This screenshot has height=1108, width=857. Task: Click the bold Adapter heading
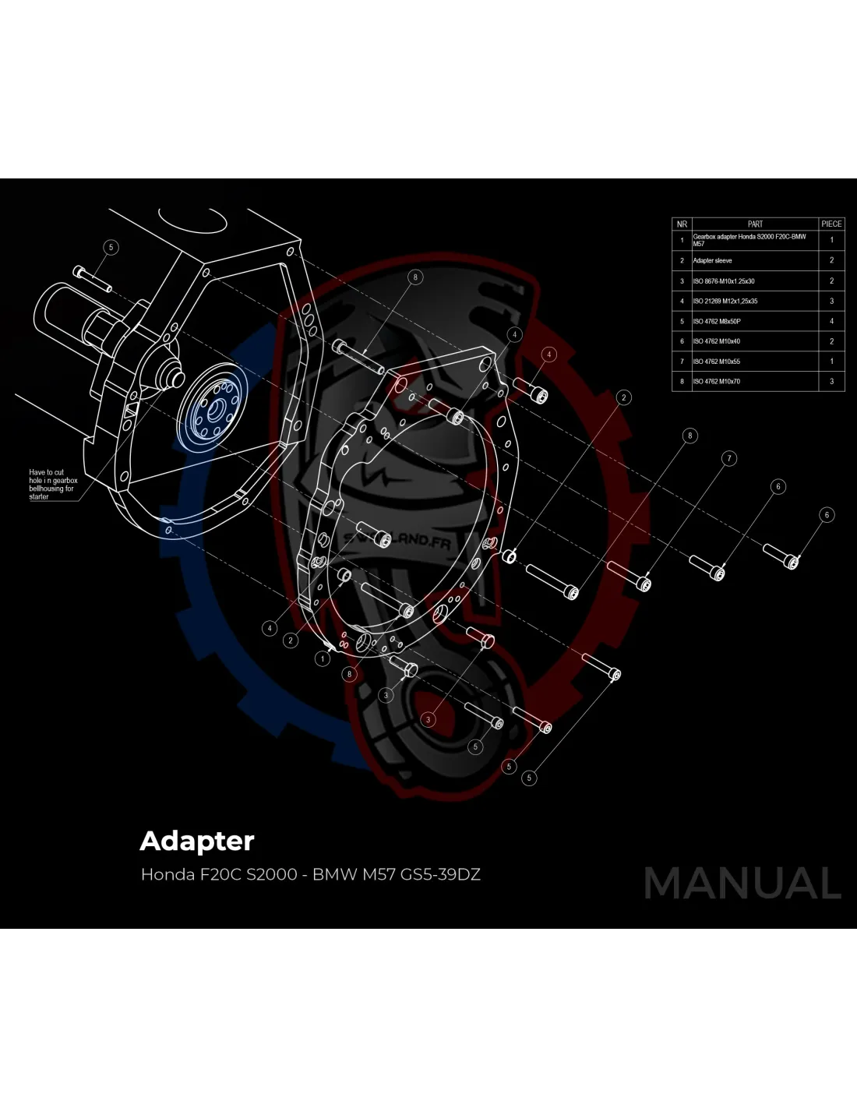[x=197, y=842]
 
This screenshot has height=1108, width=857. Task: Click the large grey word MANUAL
[x=742, y=884]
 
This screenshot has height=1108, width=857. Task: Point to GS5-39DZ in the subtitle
[x=440, y=874]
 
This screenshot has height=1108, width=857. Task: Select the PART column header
[x=755, y=224]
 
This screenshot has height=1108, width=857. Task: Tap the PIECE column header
[x=831, y=224]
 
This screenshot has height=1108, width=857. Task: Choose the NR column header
[x=682, y=224]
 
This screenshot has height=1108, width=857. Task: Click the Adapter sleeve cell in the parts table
[x=713, y=261]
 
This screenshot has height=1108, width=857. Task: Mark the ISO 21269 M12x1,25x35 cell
[x=725, y=301]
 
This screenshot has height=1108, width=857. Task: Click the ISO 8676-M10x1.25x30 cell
[x=723, y=281]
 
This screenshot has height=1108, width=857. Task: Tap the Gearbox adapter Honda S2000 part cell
[x=749, y=240]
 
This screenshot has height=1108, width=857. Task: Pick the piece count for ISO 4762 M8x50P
[x=831, y=321]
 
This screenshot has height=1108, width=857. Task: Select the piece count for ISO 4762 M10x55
[x=831, y=362]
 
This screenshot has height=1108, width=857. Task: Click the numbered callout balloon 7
[x=729, y=458]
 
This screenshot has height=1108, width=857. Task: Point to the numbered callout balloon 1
[x=323, y=658]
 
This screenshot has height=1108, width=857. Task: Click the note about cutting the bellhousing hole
[x=53, y=484]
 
